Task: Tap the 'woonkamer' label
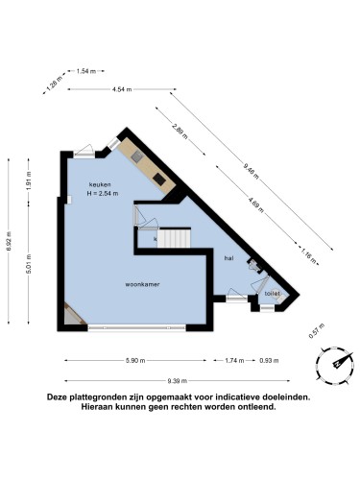tap(141, 285)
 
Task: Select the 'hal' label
tap(228, 258)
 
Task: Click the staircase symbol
tap(174, 237)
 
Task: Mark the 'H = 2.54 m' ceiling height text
tap(104, 193)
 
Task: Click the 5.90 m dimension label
tap(133, 360)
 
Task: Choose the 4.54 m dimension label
tap(122, 89)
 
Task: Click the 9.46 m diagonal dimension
tap(251, 170)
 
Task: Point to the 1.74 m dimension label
tap(233, 360)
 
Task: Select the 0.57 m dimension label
tap(312, 333)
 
